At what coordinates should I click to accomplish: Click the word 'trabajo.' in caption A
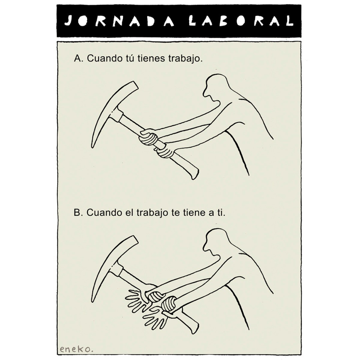(x=186, y=59)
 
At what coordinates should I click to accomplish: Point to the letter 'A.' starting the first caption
(x=79, y=59)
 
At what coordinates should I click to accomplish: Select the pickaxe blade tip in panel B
(x=93, y=301)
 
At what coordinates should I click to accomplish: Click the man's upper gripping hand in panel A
(x=149, y=137)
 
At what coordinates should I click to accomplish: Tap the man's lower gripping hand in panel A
(x=165, y=152)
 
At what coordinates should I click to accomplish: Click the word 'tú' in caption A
(x=130, y=59)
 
